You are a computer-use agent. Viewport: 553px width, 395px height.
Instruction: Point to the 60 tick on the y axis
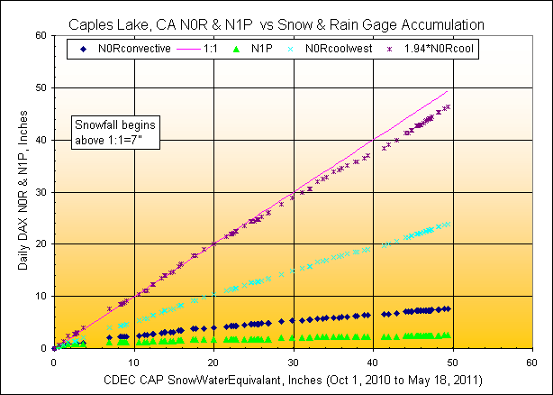42,35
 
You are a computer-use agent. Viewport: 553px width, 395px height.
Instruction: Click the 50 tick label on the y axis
42,87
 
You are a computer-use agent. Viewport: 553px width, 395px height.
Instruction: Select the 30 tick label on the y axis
42,192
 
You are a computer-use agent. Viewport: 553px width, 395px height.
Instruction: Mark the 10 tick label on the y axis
42,296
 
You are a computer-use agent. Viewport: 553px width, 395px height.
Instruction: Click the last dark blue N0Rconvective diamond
448,308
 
